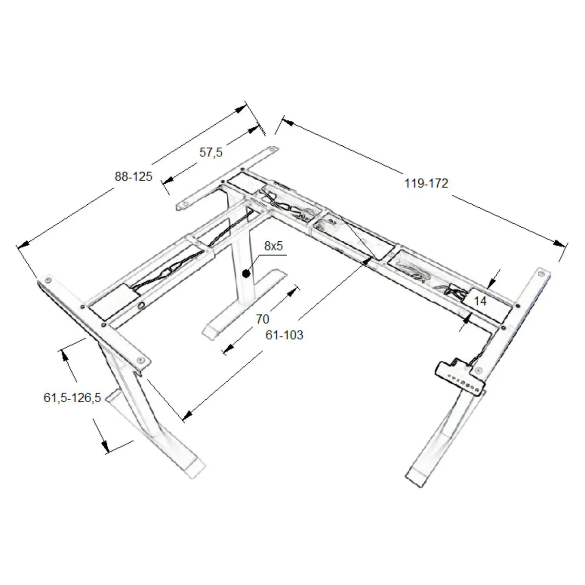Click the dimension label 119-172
click(x=426, y=184)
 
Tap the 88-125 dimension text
click(x=133, y=176)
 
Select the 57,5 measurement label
click(x=211, y=153)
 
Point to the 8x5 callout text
click(x=273, y=246)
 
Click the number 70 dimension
click(x=262, y=319)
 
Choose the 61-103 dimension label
click(x=284, y=335)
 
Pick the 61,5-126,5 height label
click(x=72, y=398)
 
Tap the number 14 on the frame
click(x=480, y=301)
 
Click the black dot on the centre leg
click(x=246, y=274)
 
